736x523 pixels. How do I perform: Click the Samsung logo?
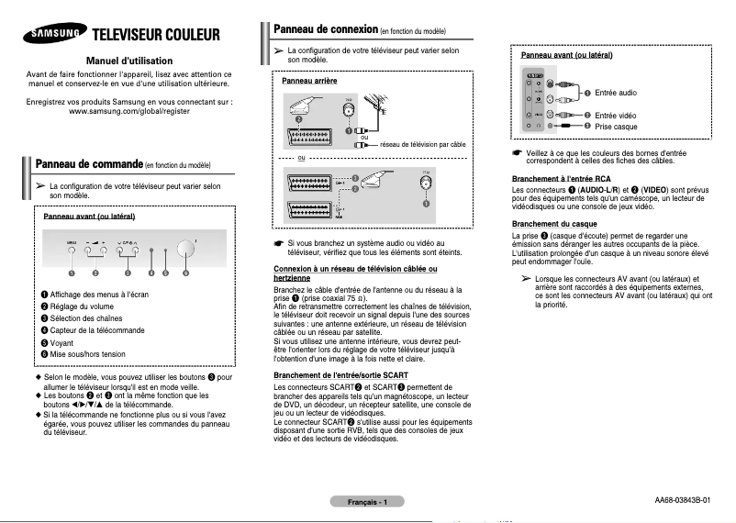52,36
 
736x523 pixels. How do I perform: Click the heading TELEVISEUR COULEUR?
155,36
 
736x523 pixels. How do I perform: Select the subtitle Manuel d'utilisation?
129,60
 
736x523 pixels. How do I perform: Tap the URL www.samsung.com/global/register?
129,112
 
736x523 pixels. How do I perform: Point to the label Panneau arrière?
309,82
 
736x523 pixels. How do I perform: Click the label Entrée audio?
615,93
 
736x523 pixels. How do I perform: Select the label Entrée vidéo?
615,115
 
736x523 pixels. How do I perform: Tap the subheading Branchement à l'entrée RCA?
561,177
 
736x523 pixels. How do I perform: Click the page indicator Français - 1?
367,502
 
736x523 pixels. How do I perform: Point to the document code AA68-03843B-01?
682,500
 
